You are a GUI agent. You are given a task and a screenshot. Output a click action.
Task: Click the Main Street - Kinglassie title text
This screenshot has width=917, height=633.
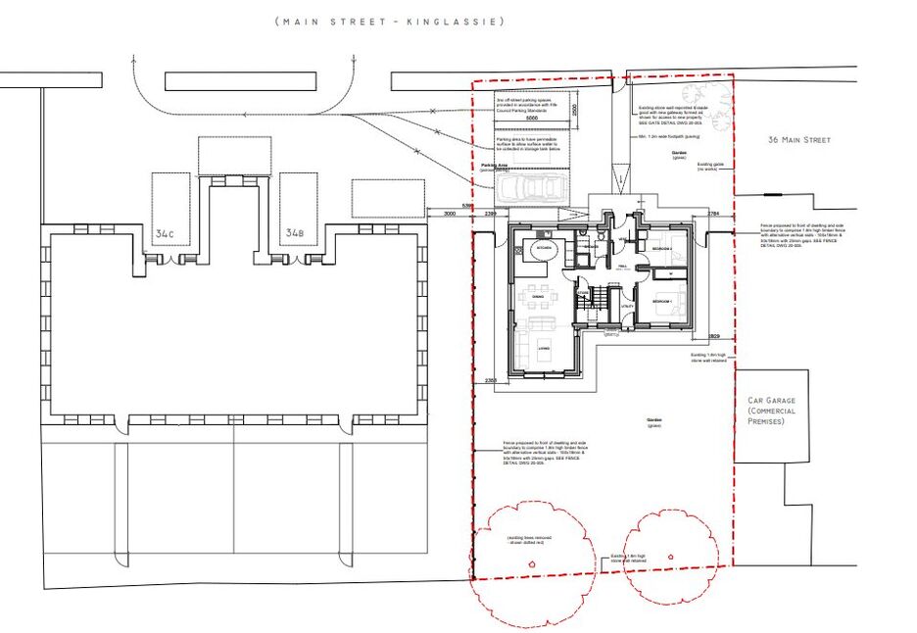pos(390,21)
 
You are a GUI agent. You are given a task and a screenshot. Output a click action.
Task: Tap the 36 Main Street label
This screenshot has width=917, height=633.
pos(799,140)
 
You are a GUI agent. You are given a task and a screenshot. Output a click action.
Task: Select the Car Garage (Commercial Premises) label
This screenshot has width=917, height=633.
pos(773,411)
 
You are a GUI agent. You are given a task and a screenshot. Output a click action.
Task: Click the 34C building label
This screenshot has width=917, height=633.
pos(165,234)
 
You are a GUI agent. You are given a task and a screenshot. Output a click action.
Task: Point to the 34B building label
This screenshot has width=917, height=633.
pos(294,234)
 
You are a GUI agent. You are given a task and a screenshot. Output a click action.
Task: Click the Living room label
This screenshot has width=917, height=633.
pos(541,346)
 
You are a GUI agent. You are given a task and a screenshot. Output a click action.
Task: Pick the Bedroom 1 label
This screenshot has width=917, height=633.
pos(662,301)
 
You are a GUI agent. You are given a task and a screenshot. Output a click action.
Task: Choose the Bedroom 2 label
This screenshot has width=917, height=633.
pos(662,249)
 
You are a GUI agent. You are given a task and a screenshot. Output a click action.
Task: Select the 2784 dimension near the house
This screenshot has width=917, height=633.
pos(713,213)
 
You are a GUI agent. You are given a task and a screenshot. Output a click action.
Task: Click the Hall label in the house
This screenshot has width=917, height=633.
pos(622,266)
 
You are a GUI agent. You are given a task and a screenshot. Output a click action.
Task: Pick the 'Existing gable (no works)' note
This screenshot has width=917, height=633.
pos(709,167)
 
